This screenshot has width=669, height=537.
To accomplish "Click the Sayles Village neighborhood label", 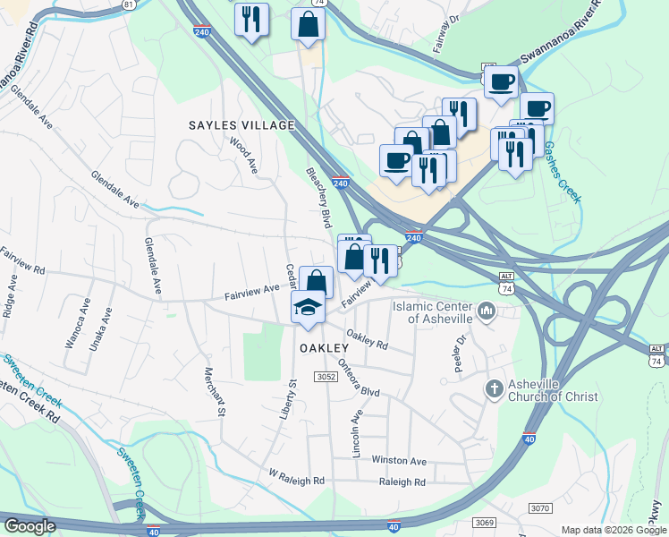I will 240,125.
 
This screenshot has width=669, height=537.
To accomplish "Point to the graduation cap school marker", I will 308,306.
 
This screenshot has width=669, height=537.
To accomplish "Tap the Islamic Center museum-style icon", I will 487,311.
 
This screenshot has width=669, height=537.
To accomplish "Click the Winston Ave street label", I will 400,460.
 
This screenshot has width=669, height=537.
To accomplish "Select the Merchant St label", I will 212,391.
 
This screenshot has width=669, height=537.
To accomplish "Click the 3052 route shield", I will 325,378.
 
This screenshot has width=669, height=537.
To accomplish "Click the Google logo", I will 30,525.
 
